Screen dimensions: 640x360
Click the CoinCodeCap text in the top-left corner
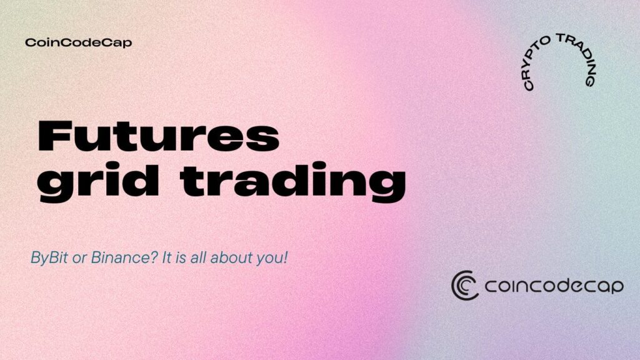coord(78,42)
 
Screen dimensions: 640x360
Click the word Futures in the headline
coord(158,136)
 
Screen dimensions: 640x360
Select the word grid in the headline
coord(98,182)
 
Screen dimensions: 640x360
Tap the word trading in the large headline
coord(292,182)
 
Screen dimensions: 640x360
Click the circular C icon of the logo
coord(465,285)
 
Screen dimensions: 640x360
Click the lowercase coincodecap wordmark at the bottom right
coord(554,286)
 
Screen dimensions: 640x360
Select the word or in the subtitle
coord(79,259)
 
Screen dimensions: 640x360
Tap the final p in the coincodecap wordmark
coord(617,287)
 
